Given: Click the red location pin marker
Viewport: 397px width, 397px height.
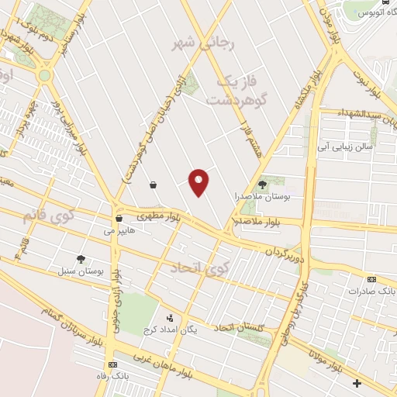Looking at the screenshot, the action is coord(200,182).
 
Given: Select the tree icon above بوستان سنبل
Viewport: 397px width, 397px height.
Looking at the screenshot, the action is coord(81,259).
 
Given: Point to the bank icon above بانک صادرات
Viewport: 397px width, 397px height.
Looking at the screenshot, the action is coord(371,279).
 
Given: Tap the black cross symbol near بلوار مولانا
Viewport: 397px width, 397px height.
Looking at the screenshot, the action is coord(356,383).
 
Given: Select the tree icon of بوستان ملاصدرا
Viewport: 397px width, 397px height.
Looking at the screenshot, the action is coord(262,185).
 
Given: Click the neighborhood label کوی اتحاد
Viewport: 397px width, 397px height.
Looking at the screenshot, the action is coord(199,268).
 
